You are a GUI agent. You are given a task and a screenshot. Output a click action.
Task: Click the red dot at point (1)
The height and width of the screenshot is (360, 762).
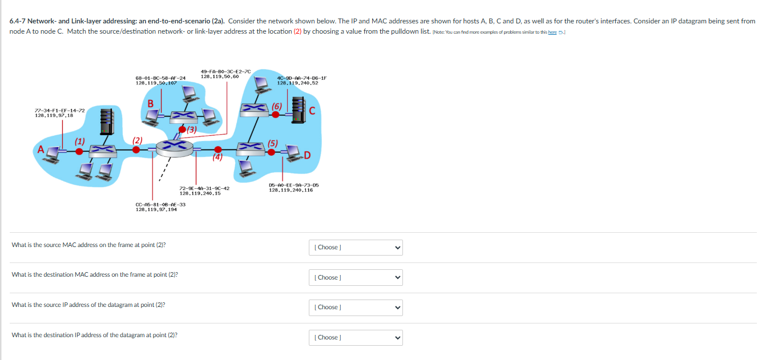click(x=79, y=151)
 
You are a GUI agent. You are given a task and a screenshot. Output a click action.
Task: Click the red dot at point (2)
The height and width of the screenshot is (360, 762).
click(x=136, y=149)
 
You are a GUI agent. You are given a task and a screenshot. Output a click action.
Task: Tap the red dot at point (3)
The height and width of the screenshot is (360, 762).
click(x=183, y=130)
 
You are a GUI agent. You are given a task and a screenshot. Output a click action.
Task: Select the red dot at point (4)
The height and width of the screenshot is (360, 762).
click(x=217, y=149)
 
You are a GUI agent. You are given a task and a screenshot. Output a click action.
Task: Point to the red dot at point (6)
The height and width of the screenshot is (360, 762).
click(x=276, y=114)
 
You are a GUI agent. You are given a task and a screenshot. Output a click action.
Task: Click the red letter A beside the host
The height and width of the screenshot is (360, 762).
click(x=41, y=150)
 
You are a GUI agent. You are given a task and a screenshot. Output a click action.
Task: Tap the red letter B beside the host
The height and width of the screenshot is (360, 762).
click(x=151, y=103)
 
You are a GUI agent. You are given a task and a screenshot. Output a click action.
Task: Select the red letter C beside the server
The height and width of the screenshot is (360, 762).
click(x=312, y=111)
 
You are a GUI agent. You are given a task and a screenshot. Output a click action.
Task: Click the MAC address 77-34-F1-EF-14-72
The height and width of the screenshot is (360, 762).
click(x=59, y=110)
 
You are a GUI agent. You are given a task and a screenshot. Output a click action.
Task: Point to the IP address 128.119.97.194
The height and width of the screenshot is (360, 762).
click(x=156, y=209)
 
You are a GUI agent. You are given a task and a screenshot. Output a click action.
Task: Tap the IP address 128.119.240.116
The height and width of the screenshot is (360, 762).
click(x=291, y=190)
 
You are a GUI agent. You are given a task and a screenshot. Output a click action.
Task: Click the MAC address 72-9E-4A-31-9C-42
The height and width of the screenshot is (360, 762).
click(x=204, y=188)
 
